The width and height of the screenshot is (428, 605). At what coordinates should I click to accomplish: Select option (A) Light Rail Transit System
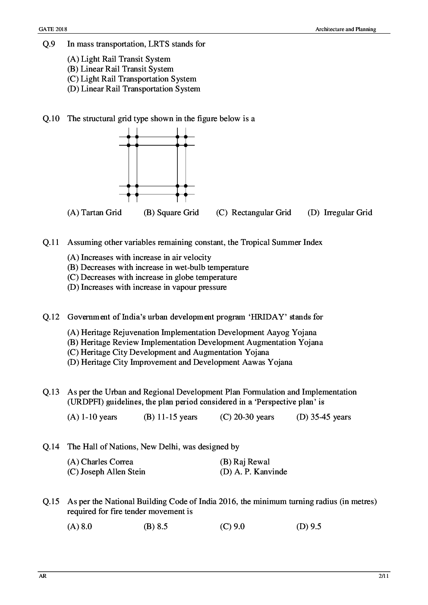tap(119, 59)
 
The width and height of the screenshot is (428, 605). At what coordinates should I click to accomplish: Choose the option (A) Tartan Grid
tap(94, 213)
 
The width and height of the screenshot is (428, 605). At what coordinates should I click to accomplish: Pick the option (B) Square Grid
tap(171, 213)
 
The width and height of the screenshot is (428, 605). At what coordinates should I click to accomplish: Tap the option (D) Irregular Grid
tap(340, 213)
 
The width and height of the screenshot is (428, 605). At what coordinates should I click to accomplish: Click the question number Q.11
tap(50, 242)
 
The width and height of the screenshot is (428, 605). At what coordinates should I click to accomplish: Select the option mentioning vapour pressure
tap(147, 287)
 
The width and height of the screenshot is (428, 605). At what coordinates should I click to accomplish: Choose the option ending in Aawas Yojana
tap(179, 362)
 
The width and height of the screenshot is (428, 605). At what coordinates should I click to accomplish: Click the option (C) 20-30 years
tap(247, 417)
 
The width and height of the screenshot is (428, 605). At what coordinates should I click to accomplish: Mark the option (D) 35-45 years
tap(323, 417)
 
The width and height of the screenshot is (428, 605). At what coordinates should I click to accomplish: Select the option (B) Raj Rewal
tap(245, 462)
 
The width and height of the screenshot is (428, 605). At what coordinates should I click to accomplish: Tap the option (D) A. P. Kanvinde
tap(253, 472)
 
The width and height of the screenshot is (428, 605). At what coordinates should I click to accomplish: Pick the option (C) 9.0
tap(232, 527)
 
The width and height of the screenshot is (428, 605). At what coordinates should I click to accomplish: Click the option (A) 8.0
tap(80, 527)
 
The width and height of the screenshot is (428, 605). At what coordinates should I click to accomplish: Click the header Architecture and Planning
tap(345, 29)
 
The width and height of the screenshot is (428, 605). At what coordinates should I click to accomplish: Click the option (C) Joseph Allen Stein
tap(106, 472)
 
